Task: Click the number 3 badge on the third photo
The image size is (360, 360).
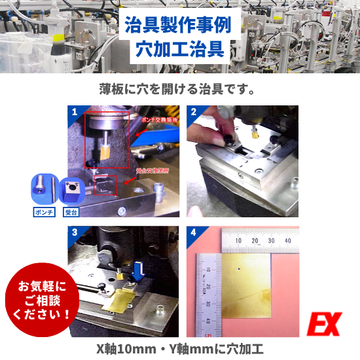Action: point(74,232)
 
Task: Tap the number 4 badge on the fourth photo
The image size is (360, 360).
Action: point(194,232)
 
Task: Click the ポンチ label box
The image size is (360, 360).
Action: point(43,212)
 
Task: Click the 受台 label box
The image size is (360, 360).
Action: point(71,212)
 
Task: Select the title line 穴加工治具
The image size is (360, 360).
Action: point(179,48)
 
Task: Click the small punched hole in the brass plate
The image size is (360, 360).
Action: point(240,268)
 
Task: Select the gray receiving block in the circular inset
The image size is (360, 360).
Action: point(71,191)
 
